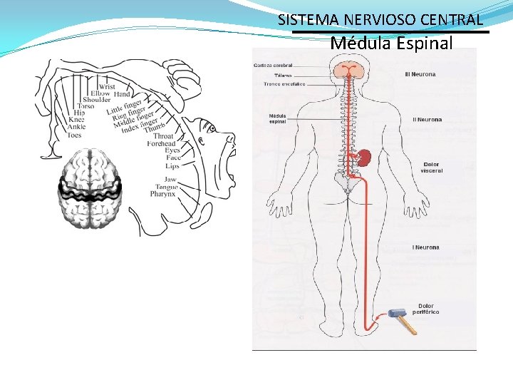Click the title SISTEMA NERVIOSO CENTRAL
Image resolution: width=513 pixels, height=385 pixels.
(380, 20)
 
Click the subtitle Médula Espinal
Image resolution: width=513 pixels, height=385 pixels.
(391, 43)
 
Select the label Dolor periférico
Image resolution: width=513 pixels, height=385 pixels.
(427, 309)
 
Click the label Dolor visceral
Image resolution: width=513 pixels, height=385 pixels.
(431, 168)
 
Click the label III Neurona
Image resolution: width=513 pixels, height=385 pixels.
(420, 74)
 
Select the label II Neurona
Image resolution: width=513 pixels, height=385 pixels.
(427, 120)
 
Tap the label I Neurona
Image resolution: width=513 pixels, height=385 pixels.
(425, 247)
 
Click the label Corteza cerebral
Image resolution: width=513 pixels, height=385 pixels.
(272, 66)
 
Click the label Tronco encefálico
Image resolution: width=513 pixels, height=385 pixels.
(284, 83)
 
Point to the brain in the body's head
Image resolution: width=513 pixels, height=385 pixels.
(348, 69)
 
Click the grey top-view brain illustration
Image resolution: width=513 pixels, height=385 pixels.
(90, 189)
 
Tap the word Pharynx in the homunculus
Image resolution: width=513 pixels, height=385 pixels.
(162, 194)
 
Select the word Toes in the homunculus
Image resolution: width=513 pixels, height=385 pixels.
(74, 135)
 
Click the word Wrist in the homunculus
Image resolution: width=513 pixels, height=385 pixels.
(107, 87)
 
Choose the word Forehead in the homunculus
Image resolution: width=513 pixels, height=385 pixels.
(161, 143)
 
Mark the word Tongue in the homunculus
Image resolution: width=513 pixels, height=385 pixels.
(165, 187)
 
